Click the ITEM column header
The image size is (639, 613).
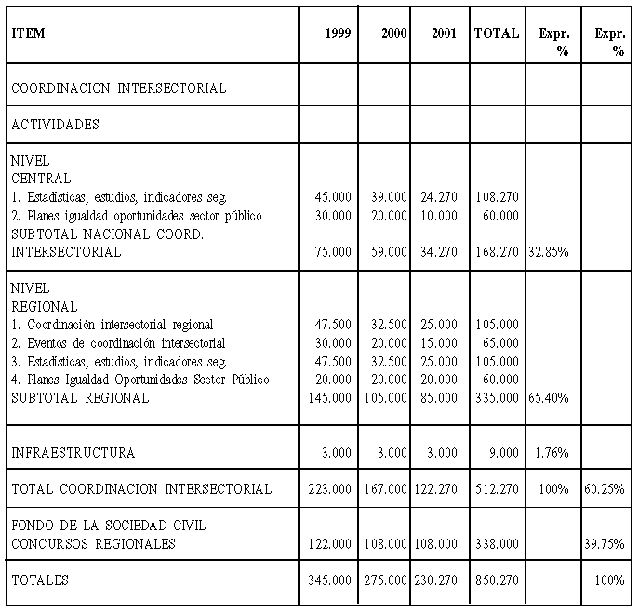28,33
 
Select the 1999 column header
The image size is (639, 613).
338,33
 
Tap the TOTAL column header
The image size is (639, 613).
497,33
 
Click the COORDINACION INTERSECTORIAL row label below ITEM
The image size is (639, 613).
118,88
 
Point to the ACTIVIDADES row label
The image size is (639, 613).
55,124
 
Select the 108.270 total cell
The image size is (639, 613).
496,197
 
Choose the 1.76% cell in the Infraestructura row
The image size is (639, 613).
551,453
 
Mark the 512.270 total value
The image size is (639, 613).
496,489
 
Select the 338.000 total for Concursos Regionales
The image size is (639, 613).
496,544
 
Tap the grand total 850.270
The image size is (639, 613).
496,580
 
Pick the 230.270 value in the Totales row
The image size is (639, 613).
435,580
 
